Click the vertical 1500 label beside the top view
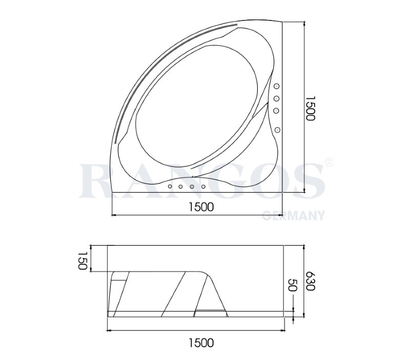(311, 108)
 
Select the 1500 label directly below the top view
(201, 207)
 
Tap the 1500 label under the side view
(201, 343)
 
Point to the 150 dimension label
(83, 261)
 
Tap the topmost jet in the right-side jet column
(277, 86)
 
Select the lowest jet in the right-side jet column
(278, 130)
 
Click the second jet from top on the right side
(277, 98)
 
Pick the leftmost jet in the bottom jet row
(170, 186)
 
